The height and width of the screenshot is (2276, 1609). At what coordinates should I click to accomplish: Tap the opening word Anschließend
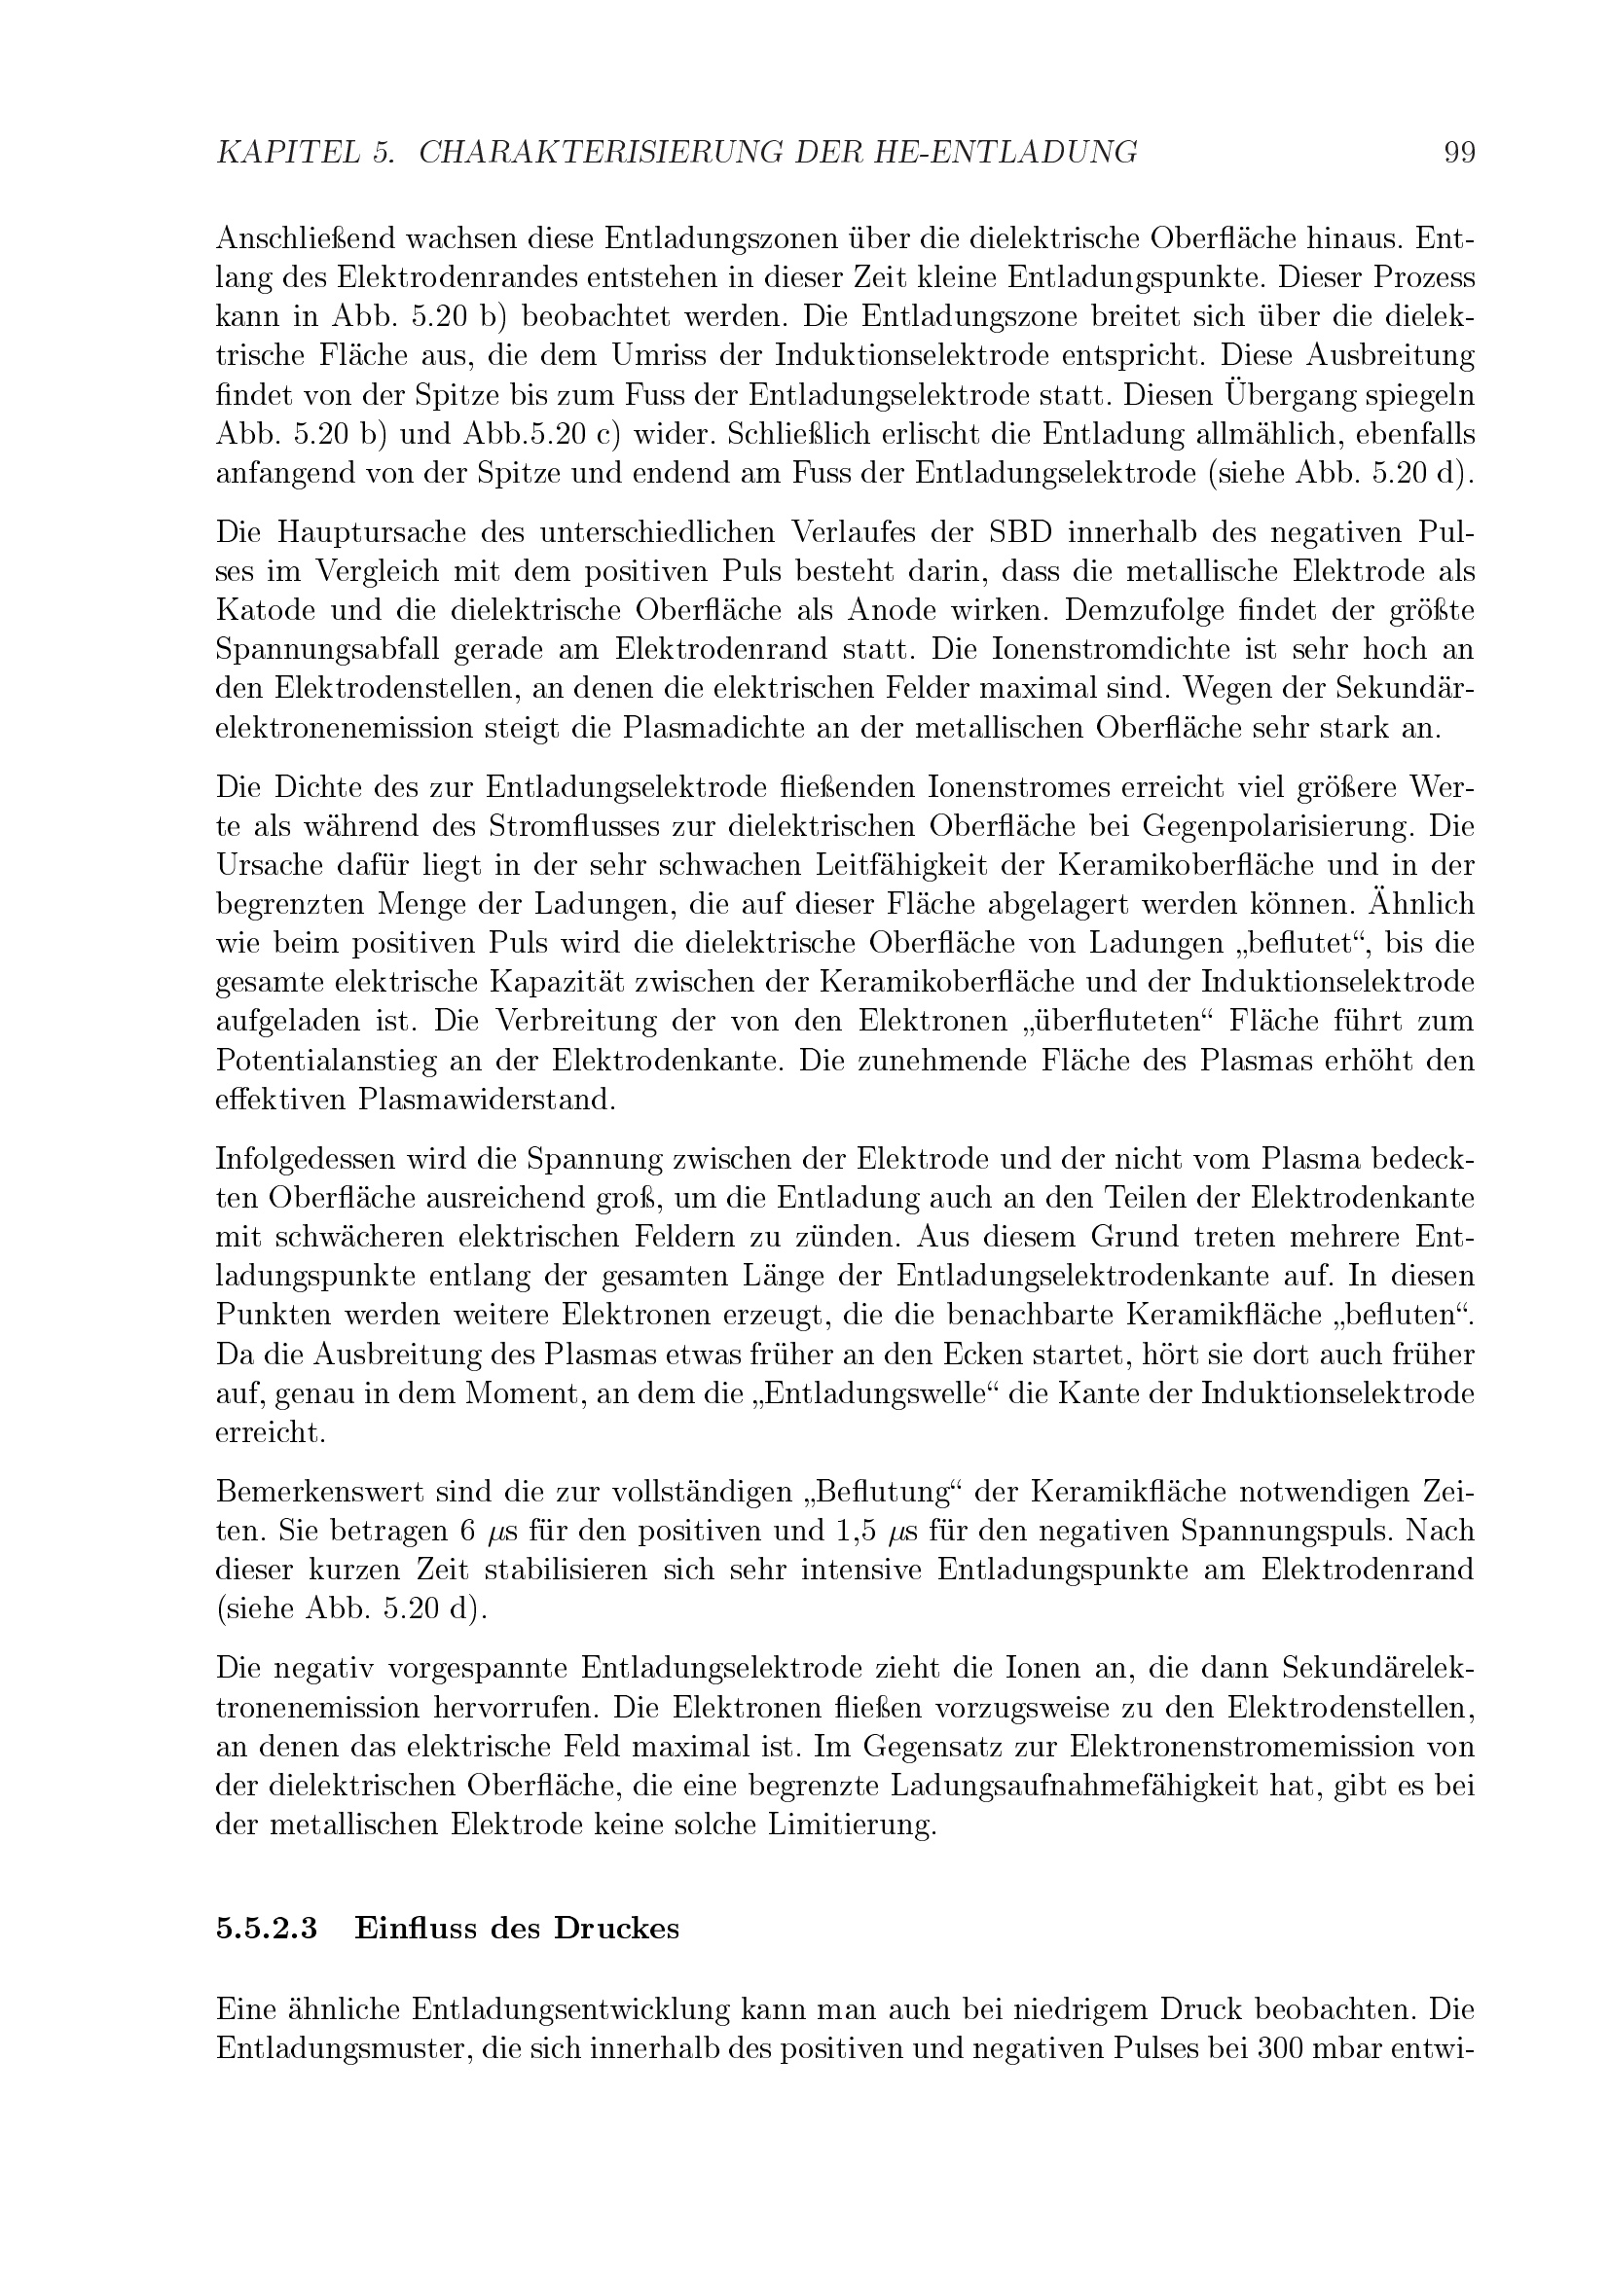[306, 240]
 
